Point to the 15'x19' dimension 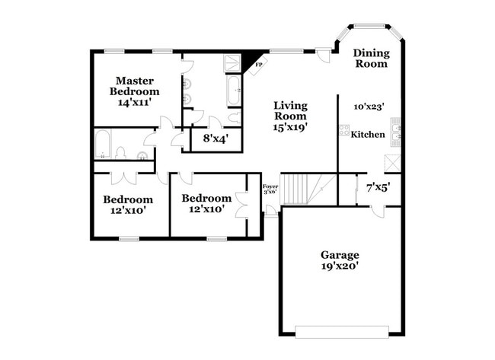click(x=289, y=128)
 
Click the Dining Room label click(x=371, y=59)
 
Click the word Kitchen click(x=367, y=135)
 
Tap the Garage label click(x=340, y=255)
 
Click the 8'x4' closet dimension click(x=216, y=139)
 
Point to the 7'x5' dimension click(x=378, y=186)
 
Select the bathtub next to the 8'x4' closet click(x=234, y=91)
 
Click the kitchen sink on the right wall click(x=395, y=130)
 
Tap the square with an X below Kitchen click(x=393, y=162)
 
